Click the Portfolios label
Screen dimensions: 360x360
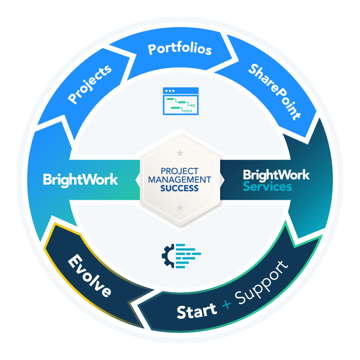coord(180,49)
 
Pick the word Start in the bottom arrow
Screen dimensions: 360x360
coord(197,312)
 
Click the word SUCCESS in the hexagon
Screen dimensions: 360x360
coord(180,188)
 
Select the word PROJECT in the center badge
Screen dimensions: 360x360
coord(180,171)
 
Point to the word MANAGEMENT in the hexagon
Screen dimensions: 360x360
coord(180,180)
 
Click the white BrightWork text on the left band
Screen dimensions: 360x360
coord(80,180)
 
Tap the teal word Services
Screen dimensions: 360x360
coord(267,187)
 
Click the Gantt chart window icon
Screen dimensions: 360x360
coord(180,101)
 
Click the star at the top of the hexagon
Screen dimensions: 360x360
coord(180,152)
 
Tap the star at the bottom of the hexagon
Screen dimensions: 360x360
coord(180,208)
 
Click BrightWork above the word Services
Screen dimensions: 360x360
coord(276,175)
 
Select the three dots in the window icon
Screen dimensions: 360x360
coord(169,91)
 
